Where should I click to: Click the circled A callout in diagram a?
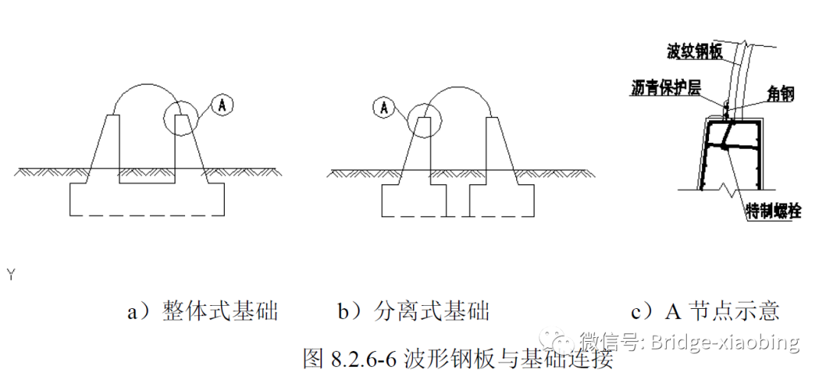click(221, 105)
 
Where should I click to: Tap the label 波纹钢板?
click(694, 52)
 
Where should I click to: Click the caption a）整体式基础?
click(202, 311)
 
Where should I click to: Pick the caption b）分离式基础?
click(413, 311)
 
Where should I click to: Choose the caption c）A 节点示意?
click(705, 311)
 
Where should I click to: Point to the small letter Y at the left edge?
click(11, 273)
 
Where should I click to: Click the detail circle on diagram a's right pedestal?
click(180, 119)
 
